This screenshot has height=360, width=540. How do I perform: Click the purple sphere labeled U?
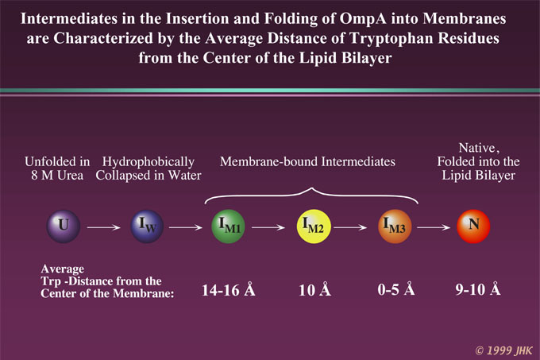tap(64, 226)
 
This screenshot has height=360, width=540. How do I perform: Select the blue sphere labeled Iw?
tap(147, 226)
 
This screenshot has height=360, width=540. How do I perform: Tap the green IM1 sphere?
tap(228, 226)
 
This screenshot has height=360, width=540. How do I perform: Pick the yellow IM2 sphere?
tap(314, 226)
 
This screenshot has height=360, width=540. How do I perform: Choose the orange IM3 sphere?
tap(395, 226)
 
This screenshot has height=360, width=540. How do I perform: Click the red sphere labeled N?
tap(473, 226)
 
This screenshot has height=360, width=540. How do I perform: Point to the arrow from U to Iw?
tap(104, 227)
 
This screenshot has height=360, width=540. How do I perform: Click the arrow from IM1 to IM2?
tap(268, 227)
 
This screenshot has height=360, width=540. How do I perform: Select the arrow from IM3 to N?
tap(434, 227)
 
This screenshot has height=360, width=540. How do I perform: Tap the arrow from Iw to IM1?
tap(186, 227)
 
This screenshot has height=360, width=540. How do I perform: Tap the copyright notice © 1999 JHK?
tap(504, 350)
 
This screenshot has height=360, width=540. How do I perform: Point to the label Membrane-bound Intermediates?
tap(307, 161)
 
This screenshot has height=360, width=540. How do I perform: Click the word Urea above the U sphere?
tap(70, 176)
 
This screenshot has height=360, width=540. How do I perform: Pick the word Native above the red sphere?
tap(477, 148)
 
